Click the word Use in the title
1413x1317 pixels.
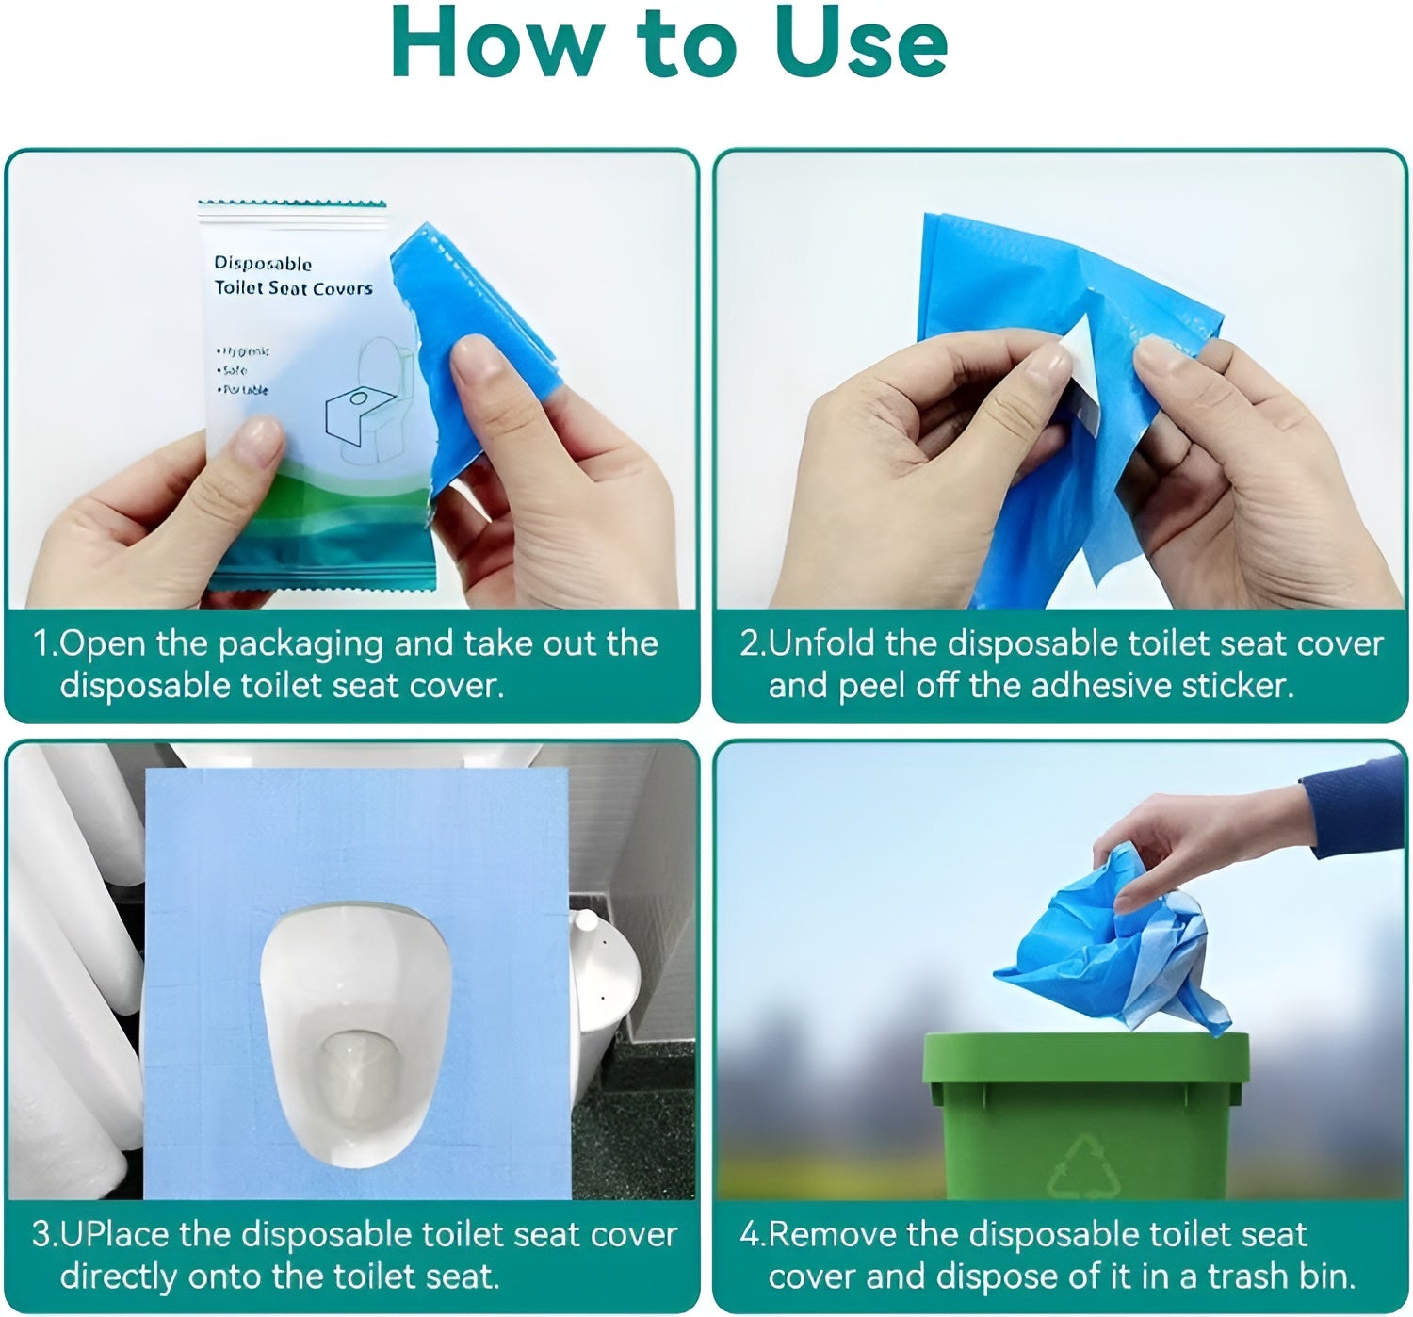pyautogui.click(x=860, y=44)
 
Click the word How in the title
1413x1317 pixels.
pyautogui.click(x=497, y=44)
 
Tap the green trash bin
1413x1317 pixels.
pyautogui.click(x=1086, y=1116)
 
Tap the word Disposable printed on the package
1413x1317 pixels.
pyautogui.click(x=262, y=264)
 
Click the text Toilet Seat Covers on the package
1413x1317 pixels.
pyautogui.click(x=293, y=288)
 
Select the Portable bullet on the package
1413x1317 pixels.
pyautogui.click(x=243, y=389)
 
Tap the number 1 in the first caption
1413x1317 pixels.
pyautogui.click(x=41, y=644)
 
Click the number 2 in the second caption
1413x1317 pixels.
pyautogui.click(x=749, y=644)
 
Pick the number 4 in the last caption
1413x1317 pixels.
pyautogui.click(x=749, y=1235)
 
